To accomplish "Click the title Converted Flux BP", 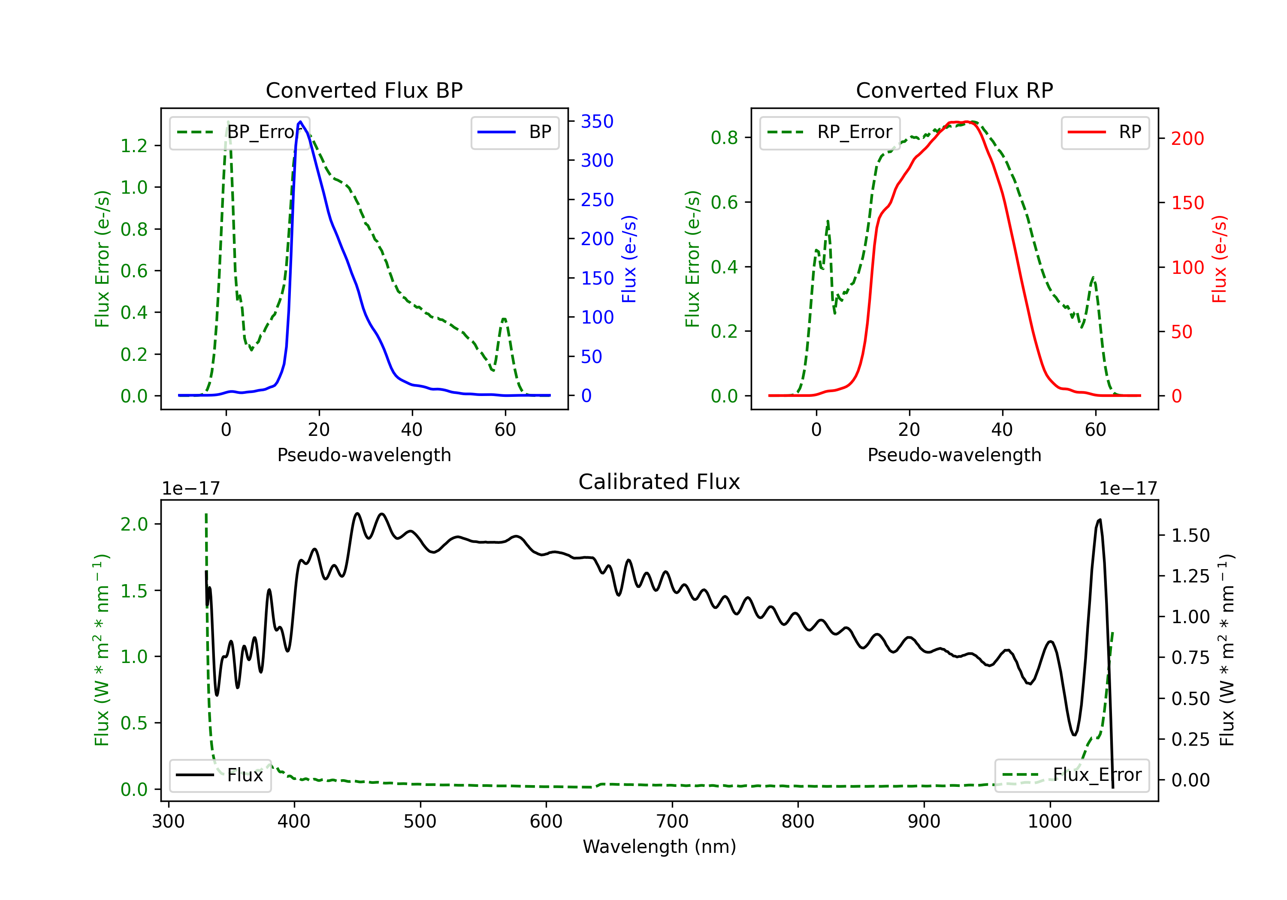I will [x=364, y=90].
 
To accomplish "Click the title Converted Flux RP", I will [x=954, y=90].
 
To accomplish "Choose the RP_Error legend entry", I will [x=830, y=132].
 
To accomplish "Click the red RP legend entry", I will [x=1105, y=132].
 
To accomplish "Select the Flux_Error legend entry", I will [x=1072, y=775].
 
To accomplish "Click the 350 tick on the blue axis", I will [x=597, y=122].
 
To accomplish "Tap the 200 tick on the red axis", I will [x=1187, y=138].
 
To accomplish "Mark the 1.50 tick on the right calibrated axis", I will [x=1190, y=535].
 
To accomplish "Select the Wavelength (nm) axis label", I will [x=659, y=846].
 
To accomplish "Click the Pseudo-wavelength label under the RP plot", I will [x=954, y=455].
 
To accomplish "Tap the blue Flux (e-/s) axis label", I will [x=629, y=259].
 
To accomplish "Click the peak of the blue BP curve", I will [x=300, y=122].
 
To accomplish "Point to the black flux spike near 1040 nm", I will [x=1099, y=520].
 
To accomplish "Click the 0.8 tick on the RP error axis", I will [x=724, y=138].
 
